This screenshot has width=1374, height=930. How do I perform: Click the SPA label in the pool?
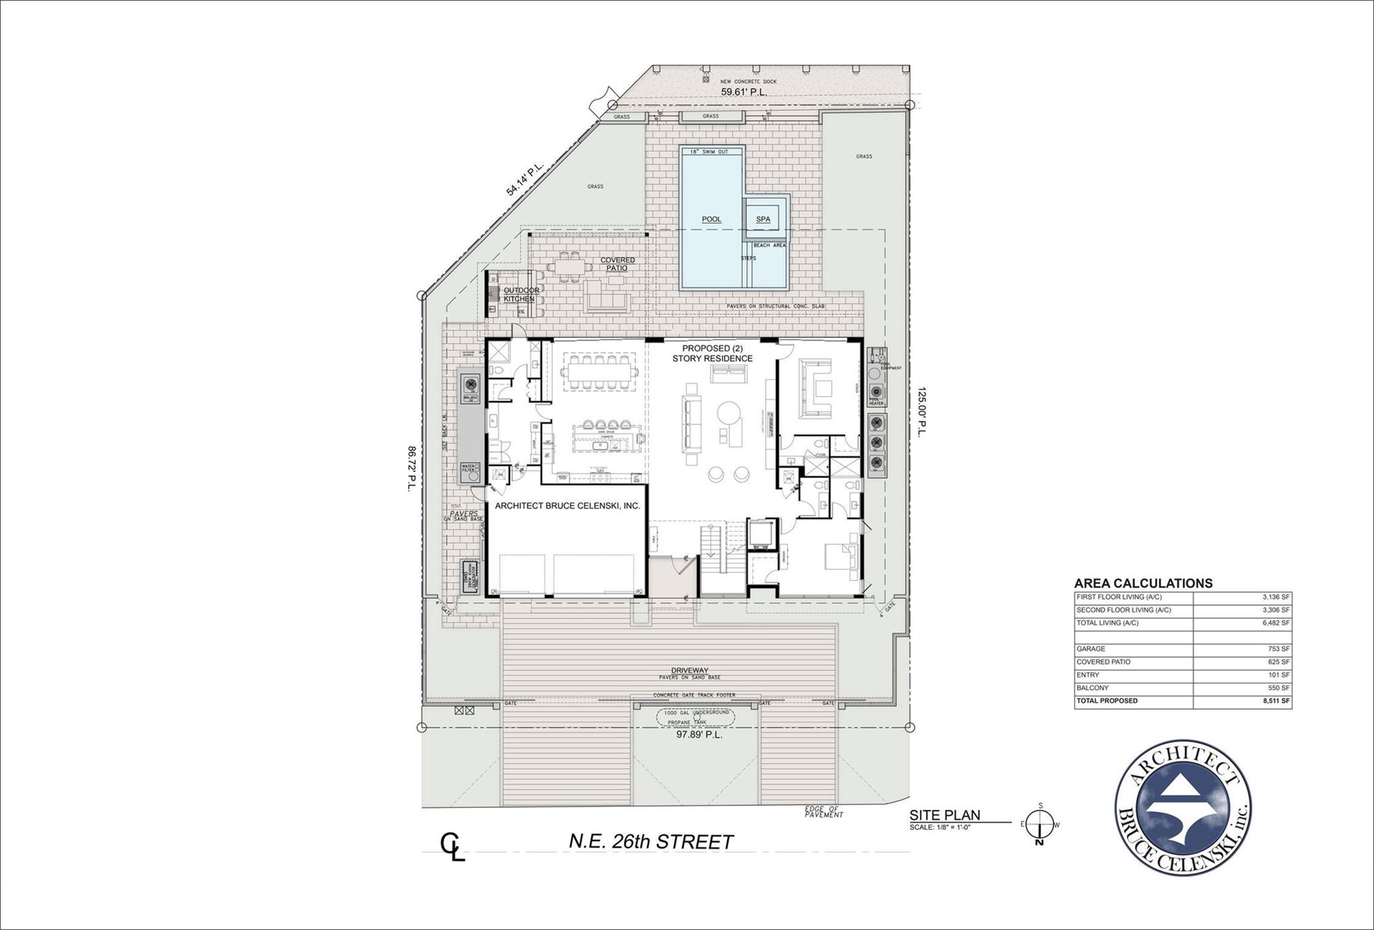763,219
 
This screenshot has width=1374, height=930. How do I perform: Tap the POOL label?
711,219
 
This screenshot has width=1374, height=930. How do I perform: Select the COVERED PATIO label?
617,264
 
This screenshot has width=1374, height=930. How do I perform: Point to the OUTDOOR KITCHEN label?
521,294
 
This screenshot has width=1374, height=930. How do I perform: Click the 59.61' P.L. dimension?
743,92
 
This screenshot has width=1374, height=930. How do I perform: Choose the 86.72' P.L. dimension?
411,469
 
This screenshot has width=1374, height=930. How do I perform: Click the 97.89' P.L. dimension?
698,735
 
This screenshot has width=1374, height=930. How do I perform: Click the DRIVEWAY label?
690,670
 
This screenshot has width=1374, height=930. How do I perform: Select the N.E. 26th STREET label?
651,842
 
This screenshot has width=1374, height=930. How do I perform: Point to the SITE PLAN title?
945,815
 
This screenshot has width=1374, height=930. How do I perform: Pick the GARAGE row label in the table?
1091,649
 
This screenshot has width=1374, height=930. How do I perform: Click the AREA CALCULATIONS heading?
1143,583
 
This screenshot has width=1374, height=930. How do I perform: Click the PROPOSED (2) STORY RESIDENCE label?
712,353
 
